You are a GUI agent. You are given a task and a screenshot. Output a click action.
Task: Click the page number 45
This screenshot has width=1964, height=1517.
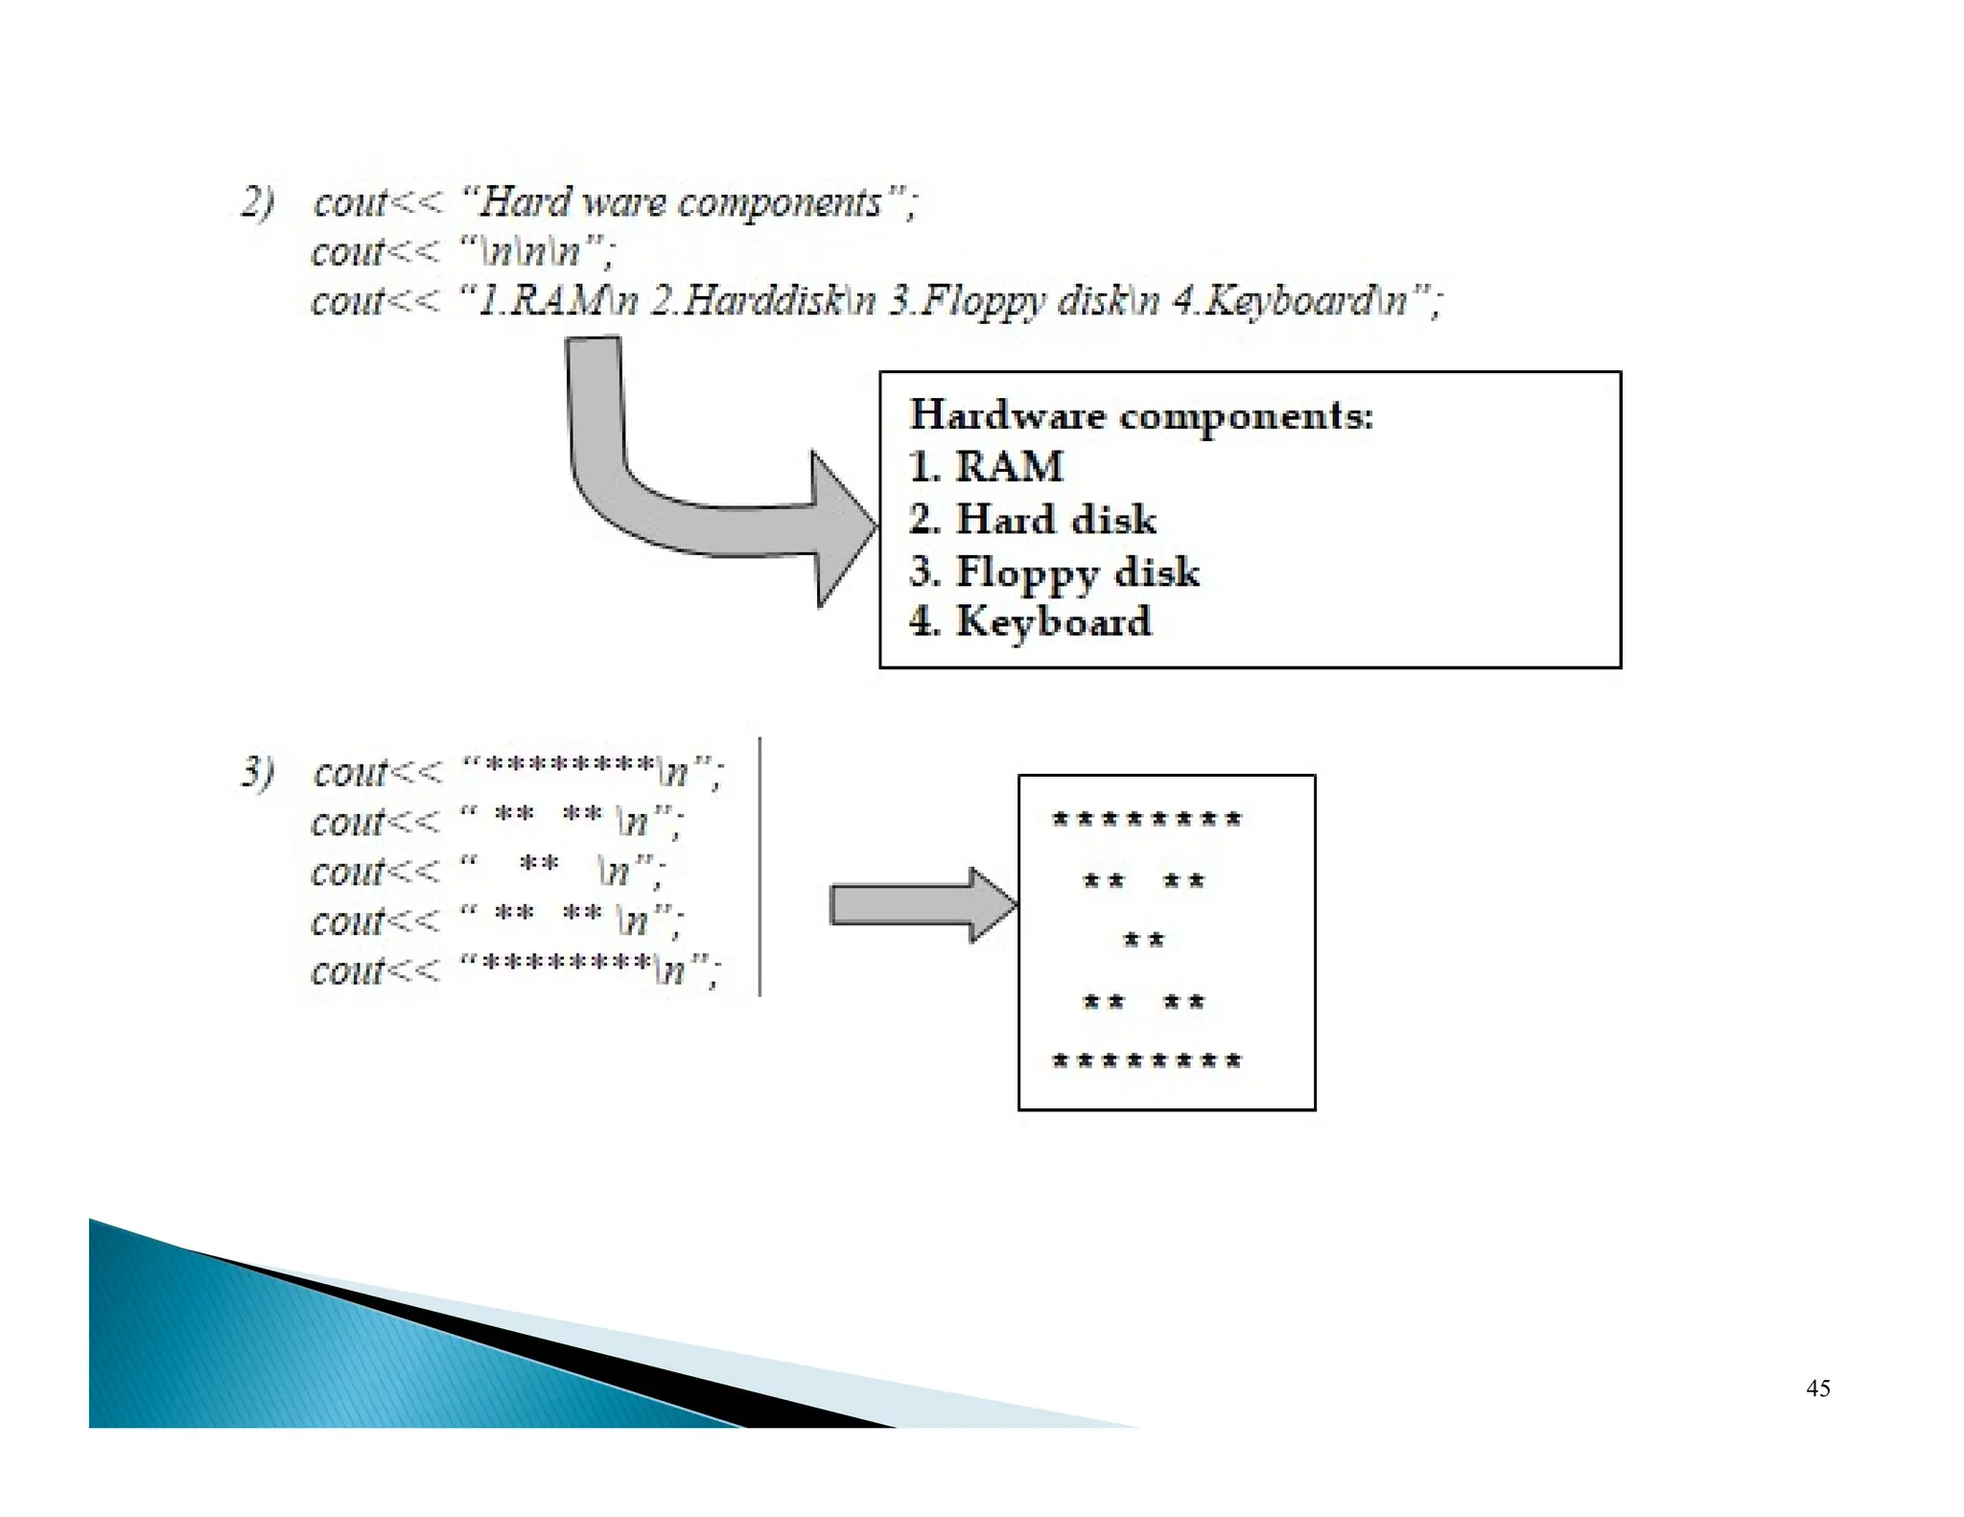[x=1817, y=1388]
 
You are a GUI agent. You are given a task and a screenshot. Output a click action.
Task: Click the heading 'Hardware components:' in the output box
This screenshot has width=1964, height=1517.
[x=1141, y=415]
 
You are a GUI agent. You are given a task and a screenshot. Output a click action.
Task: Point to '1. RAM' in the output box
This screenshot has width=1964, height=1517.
[x=986, y=467]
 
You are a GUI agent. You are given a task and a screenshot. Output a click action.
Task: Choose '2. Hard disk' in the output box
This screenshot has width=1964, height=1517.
[x=1032, y=519]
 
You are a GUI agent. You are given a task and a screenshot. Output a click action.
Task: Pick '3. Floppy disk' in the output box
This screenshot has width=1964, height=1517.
[x=1053, y=572]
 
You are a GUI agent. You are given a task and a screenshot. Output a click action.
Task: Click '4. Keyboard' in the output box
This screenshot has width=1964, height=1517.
[x=1030, y=621]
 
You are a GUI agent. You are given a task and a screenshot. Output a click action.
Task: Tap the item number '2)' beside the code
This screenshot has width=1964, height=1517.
[x=257, y=202]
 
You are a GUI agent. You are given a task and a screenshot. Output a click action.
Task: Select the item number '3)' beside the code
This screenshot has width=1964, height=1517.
[x=257, y=772]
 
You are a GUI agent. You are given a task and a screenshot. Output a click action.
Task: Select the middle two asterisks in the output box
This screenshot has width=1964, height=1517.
[x=1143, y=940]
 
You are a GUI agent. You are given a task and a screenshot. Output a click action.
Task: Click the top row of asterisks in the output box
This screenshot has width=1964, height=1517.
[x=1147, y=819]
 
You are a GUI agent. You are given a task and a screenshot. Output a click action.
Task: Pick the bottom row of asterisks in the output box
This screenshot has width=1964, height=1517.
[x=1147, y=1061]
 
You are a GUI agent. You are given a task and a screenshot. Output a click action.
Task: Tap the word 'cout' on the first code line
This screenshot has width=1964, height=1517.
[x=349, y=202]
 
